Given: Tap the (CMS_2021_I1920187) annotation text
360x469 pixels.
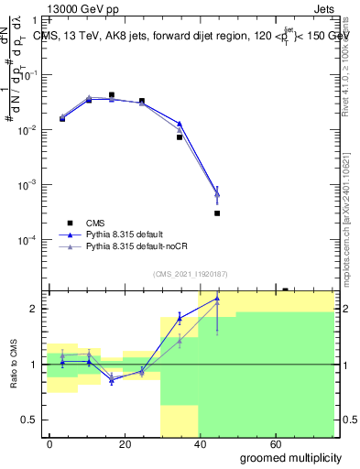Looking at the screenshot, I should click(191, 273).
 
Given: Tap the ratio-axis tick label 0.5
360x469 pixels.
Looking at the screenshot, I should click(31, 420).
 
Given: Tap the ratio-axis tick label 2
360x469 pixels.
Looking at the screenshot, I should click(35, 309).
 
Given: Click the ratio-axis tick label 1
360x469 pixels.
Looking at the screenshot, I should click(35, 365).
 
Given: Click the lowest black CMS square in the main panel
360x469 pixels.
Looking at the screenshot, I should click(217, 213).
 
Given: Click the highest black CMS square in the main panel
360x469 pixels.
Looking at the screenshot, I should click(112, 94).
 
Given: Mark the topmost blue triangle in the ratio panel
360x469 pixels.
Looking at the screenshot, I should click(217, 299).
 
